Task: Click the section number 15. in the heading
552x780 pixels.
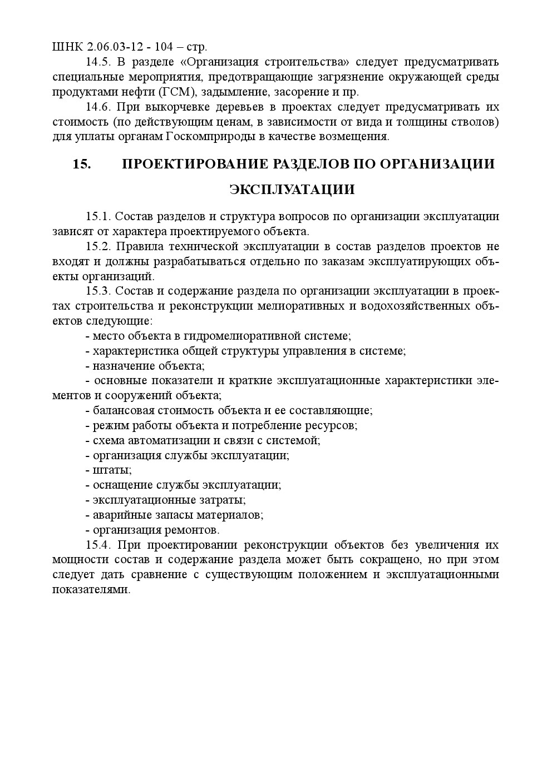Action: coord(82,164)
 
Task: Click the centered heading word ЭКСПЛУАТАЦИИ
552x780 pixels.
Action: coord(292,190)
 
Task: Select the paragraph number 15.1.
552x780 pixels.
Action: coord(97,216)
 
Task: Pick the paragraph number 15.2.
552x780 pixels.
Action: coord(97,246)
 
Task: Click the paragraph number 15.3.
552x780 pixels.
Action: coord(97,291)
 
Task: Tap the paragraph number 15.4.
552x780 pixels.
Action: coord(97,544)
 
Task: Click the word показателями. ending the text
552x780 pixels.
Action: coord(91,589)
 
